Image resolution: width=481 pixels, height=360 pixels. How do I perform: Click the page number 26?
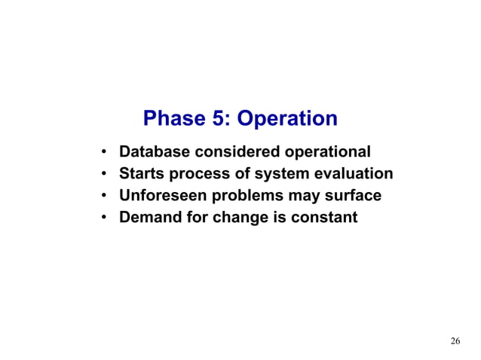click(455, 341)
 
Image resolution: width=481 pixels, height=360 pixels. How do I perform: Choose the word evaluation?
click(351, 174)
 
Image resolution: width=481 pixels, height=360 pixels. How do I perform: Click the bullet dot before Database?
click(102, 152)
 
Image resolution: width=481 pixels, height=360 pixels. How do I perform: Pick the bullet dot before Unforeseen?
click(102, 197)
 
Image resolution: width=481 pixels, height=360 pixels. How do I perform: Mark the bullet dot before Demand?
click(102, 218)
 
